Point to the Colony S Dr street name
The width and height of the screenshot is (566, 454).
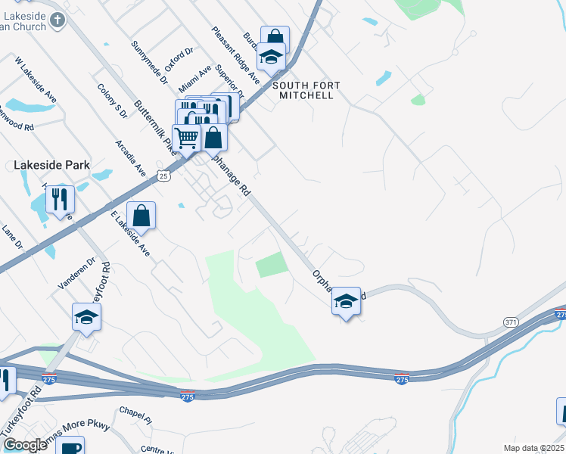111,101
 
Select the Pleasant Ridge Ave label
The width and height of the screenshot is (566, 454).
236,57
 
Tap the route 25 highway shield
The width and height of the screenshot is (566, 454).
163,176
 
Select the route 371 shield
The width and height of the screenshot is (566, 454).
512,322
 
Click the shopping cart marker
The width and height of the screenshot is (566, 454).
185,138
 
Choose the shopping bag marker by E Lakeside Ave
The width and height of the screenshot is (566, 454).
141,216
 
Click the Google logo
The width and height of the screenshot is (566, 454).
24,445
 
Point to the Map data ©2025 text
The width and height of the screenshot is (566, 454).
533,448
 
